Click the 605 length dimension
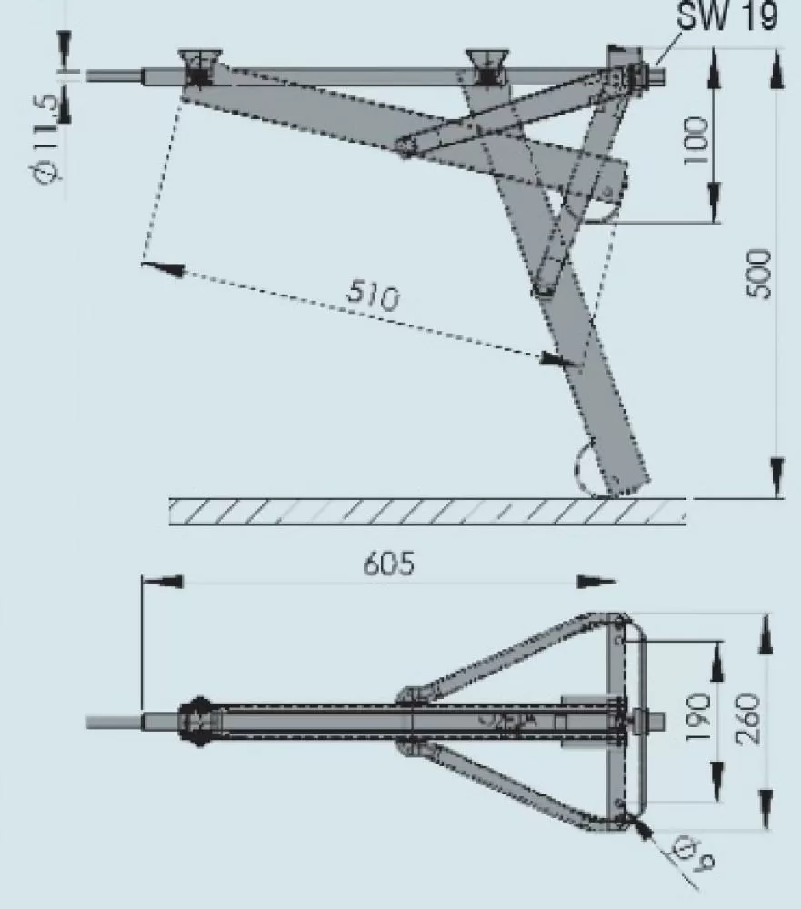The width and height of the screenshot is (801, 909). [x=388, y=564]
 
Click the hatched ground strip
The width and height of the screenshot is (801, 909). [x=427, y=512]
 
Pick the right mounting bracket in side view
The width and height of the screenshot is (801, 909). [x=489, y=67]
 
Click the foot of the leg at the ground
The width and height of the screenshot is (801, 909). [x=627, y=482]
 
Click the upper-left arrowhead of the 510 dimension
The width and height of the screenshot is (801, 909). [x=164, y=268]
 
